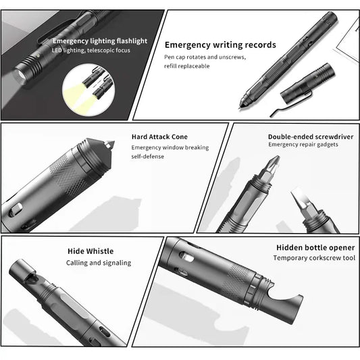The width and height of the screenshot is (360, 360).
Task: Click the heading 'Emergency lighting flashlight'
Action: tap(100, 41)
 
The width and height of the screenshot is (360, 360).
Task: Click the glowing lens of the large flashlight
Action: tap(20, 75)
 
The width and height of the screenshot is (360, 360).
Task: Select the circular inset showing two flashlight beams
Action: tap(88, 91)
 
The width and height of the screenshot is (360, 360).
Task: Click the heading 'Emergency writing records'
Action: tap(220, 45)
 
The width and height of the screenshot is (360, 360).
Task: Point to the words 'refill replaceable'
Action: tap(187, 66)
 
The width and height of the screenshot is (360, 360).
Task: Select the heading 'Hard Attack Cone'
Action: tap(159, 137)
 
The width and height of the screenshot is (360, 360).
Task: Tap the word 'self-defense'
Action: tap(148, 157)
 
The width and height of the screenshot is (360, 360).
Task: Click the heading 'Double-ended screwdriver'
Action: tap(311, 137)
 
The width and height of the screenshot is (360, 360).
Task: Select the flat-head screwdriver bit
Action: tap(300, 201)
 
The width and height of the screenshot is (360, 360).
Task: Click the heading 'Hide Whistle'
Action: tap(91, 251)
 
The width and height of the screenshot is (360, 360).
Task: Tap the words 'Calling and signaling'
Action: tap(99, 263)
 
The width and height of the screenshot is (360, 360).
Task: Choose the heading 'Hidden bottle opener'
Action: tap(315, 248)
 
